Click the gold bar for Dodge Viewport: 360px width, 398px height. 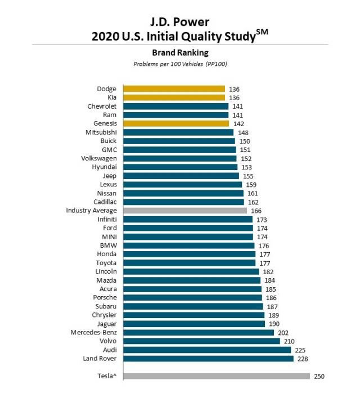174,88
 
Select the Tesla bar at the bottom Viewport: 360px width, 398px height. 217,376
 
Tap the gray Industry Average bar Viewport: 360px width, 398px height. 185,211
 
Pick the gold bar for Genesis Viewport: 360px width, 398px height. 176,123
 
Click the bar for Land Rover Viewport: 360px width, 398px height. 208,359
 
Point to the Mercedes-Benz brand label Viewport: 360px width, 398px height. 93,333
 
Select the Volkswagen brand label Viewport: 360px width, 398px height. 99,158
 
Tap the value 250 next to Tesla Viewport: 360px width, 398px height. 319,376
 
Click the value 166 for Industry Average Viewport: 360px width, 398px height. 256,211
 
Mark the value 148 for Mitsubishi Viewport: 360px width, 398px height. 243,132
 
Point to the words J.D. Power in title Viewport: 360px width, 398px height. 180,22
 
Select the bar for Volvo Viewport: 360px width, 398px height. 201,341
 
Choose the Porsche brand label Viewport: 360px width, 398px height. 105,298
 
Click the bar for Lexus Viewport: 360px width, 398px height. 182,185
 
